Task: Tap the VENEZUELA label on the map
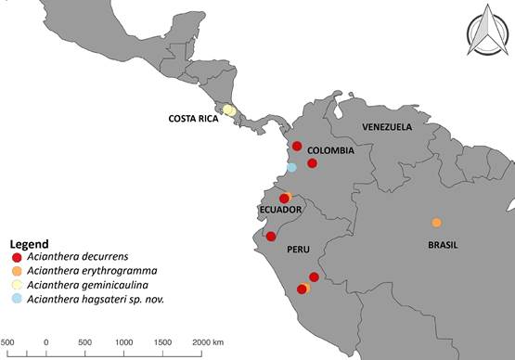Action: click(387, 127)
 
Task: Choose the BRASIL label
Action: click(443, 246)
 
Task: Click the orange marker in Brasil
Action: click(436, 223)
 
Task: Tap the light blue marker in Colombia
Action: click(291, 167)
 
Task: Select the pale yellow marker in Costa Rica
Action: click(229, 110)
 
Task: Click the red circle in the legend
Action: click(16, 257)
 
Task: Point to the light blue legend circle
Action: click(16, 299)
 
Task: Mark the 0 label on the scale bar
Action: click(46, 344)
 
